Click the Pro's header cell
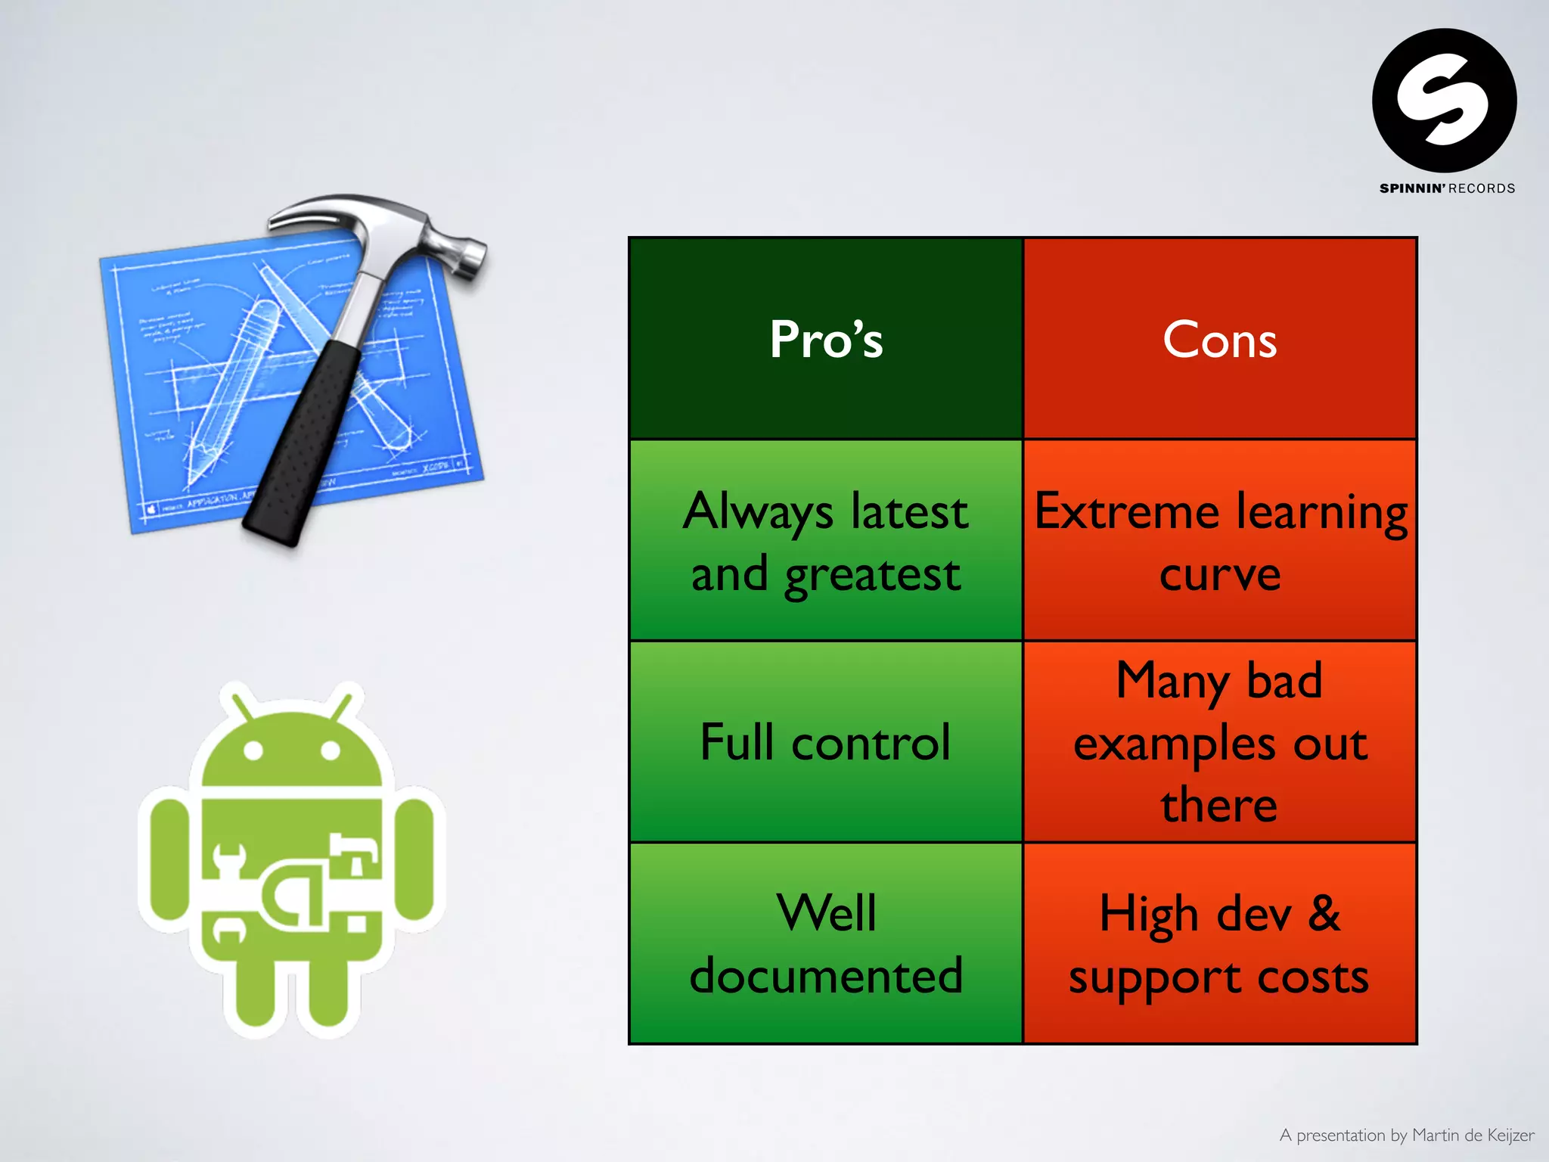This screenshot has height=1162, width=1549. point(826,338)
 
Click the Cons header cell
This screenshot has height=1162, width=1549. point(1219,338)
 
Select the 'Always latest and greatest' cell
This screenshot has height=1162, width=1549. point(826,541)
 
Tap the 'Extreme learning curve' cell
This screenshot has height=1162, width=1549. point(1219,541)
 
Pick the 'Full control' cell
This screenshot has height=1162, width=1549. point(826,742)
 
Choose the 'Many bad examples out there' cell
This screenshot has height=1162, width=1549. point(1219,742)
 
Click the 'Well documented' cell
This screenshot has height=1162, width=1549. point(826,943)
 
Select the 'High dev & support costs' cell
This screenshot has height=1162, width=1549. point(1219,943)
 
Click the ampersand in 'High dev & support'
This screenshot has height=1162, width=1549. point(1324,913)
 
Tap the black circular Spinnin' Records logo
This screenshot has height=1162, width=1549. point(1444,101)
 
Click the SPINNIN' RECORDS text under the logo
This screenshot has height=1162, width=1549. point(1447,188)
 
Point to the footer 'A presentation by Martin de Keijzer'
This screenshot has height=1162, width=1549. point(1406,1135)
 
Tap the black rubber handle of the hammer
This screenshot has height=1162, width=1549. point(303,446)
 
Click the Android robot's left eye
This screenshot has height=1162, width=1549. point(253,750)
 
